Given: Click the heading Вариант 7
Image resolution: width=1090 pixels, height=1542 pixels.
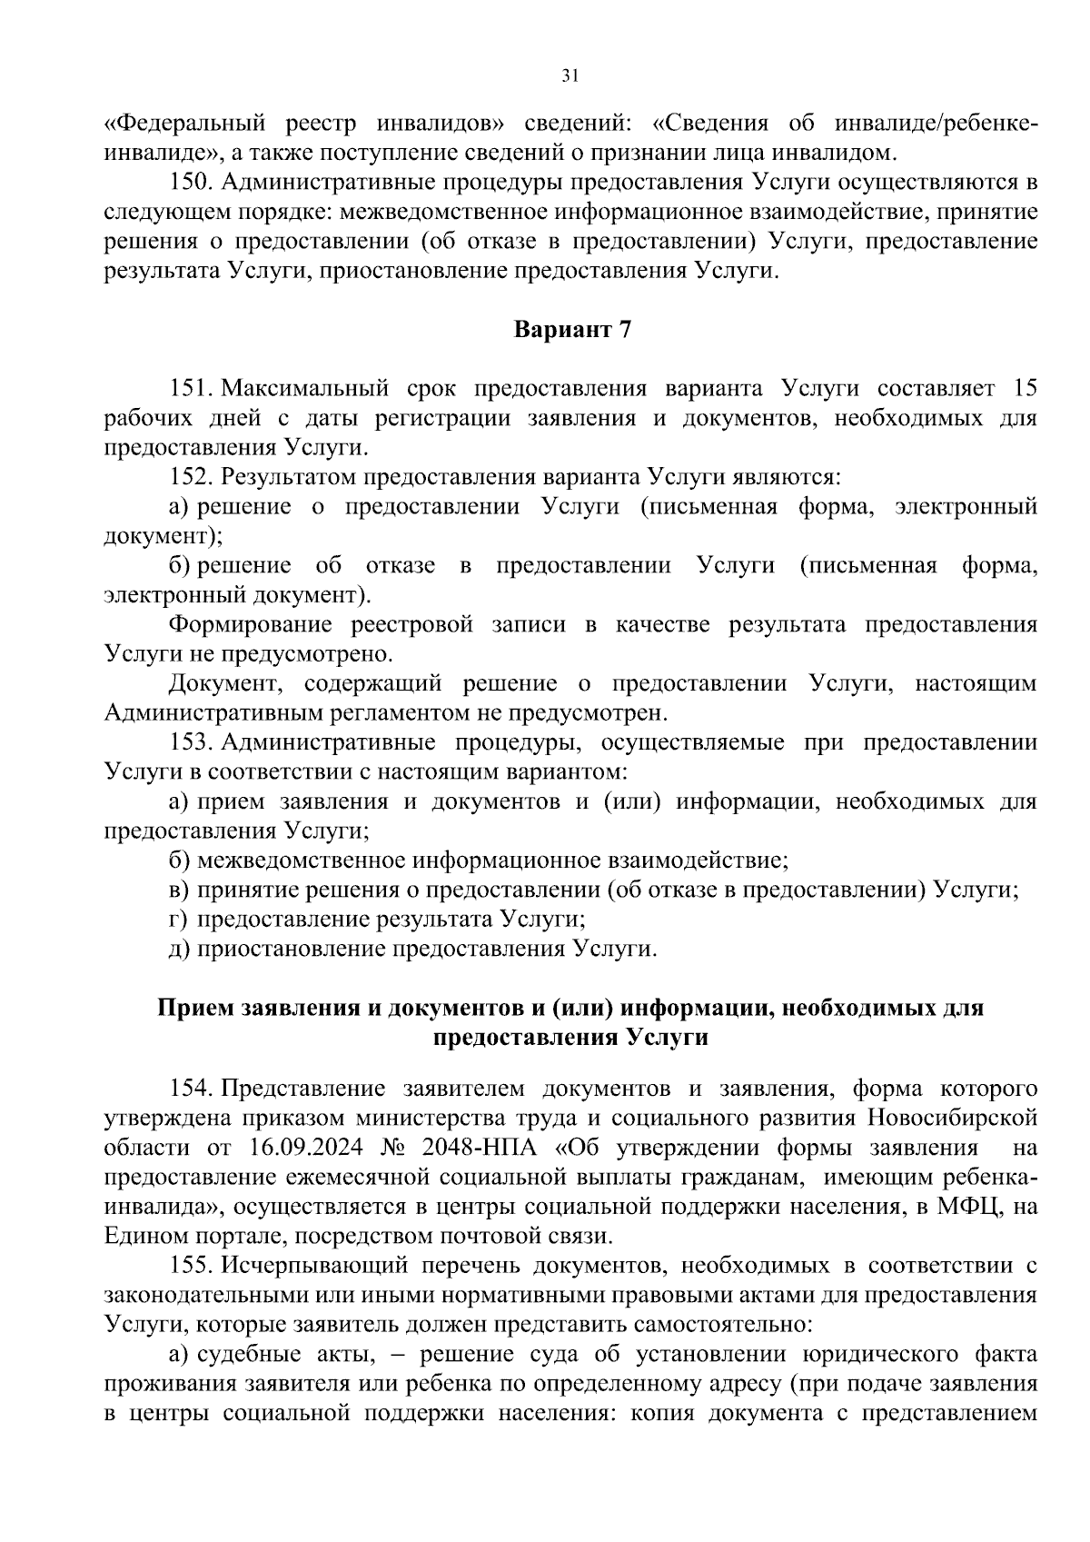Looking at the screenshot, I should (x=572, y=329).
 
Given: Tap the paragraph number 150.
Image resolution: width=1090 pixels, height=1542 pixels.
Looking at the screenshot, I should (x=190, y=182).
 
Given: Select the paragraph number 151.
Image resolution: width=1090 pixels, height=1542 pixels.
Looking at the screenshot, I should (x=190, y=389).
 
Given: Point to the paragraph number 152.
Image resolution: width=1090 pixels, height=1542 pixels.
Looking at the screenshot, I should (x=190, y=477).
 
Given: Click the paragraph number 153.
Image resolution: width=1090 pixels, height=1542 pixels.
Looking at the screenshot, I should (x=190, y=742).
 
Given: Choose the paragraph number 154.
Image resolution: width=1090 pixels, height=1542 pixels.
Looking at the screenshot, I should (x=190, y=1088).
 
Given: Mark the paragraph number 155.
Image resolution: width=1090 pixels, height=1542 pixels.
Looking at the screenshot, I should (x=190, y=1265).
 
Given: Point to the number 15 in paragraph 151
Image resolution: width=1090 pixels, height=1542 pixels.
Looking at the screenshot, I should (x=1024, y=389).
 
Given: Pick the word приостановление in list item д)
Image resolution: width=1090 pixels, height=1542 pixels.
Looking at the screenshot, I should (x=290, y=949).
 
